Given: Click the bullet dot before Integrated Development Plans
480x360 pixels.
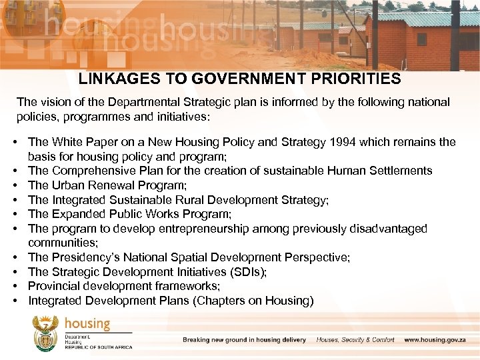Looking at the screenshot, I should coord(14,301).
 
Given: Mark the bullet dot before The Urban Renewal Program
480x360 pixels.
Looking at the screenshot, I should coord(14,185).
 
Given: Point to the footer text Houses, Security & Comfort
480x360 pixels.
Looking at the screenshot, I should coord(355,340).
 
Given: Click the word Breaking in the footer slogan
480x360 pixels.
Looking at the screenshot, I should coord(199,340).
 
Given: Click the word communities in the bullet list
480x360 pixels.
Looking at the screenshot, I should coord(61,243).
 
